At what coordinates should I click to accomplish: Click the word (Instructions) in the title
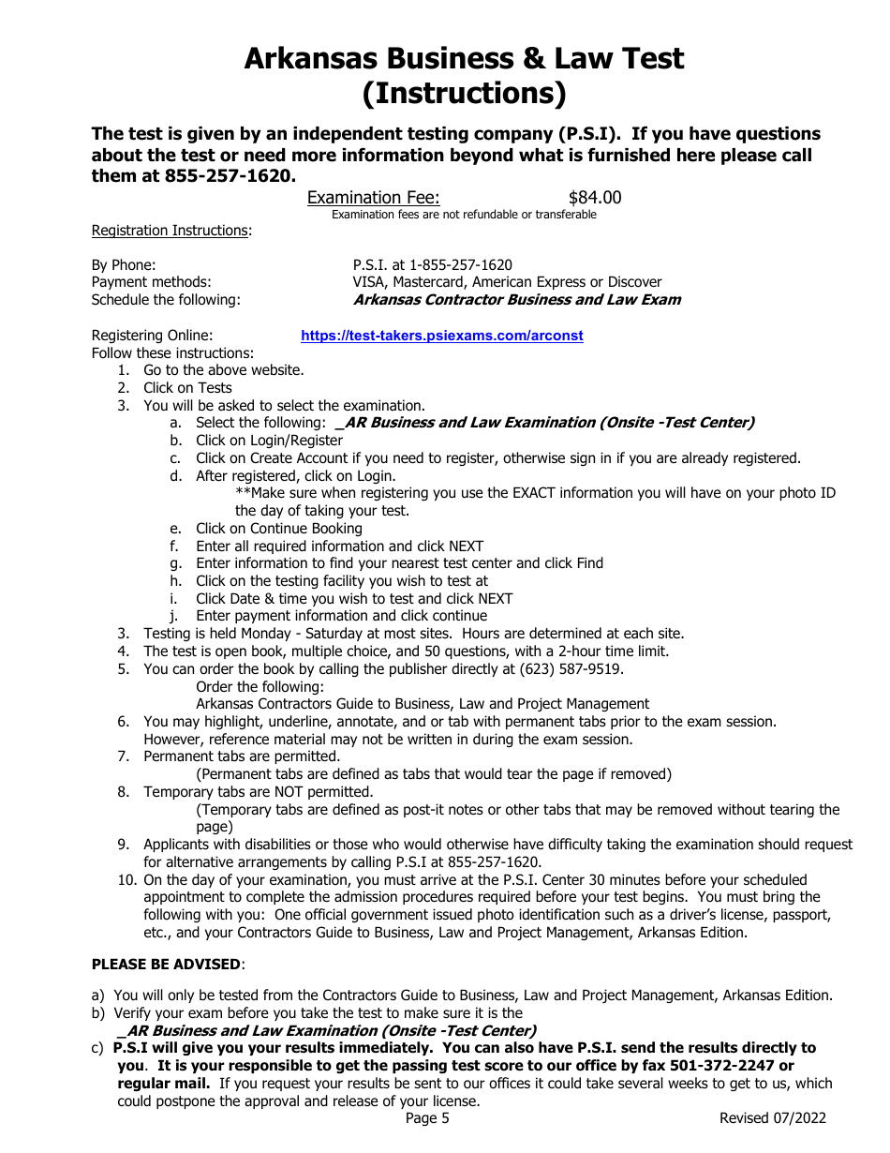[x=464, y=94]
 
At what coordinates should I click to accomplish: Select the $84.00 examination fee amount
[x=595, y=198]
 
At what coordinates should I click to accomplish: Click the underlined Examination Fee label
[x=373, y=198]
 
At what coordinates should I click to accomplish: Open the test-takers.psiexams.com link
[x=441, y=336]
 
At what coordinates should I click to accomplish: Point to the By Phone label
[x=124, y=265]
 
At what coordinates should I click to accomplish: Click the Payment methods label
[x=151, y=282]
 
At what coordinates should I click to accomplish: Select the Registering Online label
[x=152, y=336]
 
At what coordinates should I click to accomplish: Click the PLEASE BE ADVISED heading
[x=166, y=964]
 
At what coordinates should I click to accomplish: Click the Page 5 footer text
[x=427, y=1118]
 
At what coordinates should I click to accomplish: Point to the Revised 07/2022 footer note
[x=772, y=1118]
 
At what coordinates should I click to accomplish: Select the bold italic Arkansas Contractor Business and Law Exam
[x=516, y=300]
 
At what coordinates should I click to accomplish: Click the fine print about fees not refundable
[x=464, y=215]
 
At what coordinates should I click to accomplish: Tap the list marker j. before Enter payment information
[x=174, y=616]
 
